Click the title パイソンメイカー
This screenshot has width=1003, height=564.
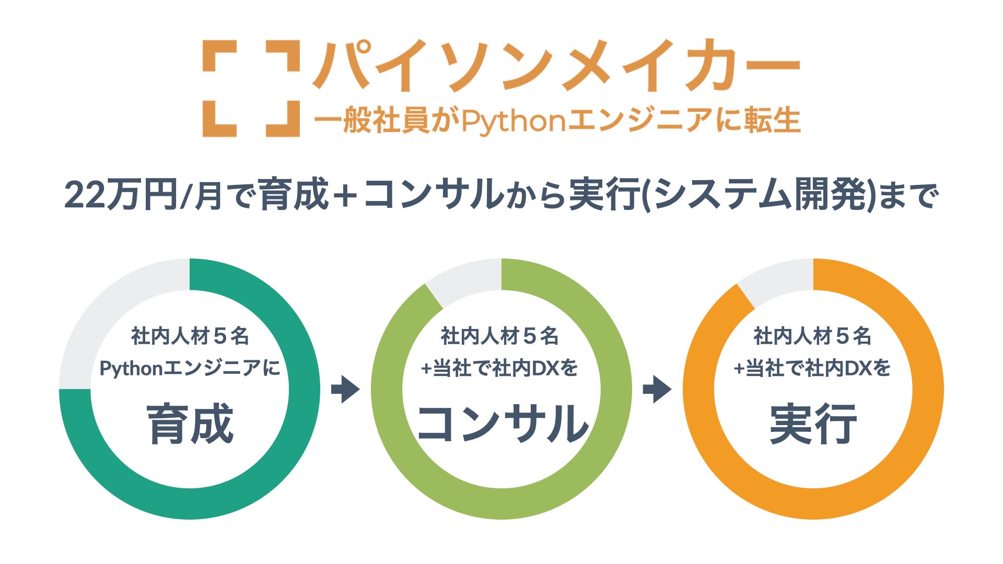click(x=556, y=66)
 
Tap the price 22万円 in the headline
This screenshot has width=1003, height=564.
click(x=121, y=195)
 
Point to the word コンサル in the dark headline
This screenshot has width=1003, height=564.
click(x=433, y=195)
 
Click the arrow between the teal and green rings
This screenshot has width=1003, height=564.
click(x=345, y=389)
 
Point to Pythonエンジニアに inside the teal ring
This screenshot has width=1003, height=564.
click(x=190, y=369)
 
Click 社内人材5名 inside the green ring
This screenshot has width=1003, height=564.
click(x=500, y=336)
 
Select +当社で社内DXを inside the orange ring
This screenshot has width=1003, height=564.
click(x=812, y=369)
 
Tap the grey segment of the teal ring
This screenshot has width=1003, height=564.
click(x=104, y=313)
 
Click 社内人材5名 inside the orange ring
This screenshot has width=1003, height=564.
click(x=812, y=336)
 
